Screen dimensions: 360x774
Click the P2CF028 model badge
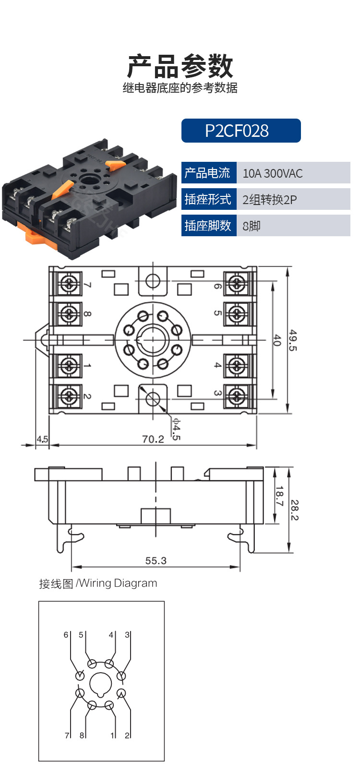pyautogui.click(x=241, y=131)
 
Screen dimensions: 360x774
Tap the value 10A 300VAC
pyautogui.click(x=273, y=173)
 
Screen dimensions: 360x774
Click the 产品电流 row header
pyautogui.click(x=209, y=172)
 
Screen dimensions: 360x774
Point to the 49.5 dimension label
pyautogui.click(x=293, y=340)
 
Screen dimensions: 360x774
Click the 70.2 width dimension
pyautogui.click(x=153, y=439)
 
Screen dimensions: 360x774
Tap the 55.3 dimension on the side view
pyautogui.click(x=156, y=560)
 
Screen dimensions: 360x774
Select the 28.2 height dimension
pyautogui.click(x=294, y=510)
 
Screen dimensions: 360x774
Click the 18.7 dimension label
pyautogui.click(x=279, y=496)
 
